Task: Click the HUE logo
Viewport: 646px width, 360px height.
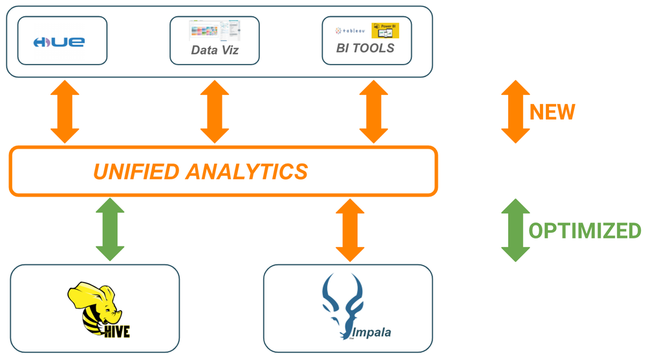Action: tap(59, 42)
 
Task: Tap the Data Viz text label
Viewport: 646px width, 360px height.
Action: tap(214, 49)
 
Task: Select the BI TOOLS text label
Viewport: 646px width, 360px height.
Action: tap(365, 48)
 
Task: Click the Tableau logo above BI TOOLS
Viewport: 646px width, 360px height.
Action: tap(350, 30)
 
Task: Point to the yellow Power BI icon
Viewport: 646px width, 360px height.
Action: tap(385, 30)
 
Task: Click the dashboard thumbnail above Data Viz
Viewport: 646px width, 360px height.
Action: tap(214, 30)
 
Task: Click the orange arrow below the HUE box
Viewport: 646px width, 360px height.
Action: tap(65, 111)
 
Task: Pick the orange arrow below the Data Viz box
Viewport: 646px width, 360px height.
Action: tap(215, 111)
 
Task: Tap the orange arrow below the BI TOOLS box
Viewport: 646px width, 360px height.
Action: tap(373, 111)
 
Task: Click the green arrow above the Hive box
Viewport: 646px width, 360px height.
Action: tap(110, 229)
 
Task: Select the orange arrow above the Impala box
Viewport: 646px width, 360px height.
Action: tap(349, 229)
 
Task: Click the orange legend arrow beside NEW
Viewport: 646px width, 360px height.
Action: tap(515, 111)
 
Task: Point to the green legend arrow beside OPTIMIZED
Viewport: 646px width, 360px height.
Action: tap(515, 229)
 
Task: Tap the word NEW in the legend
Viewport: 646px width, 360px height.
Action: tap(552, 112)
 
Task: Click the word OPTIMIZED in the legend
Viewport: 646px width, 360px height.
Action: tap(585, 231)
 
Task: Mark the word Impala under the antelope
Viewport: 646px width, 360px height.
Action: tap(371, 333)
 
